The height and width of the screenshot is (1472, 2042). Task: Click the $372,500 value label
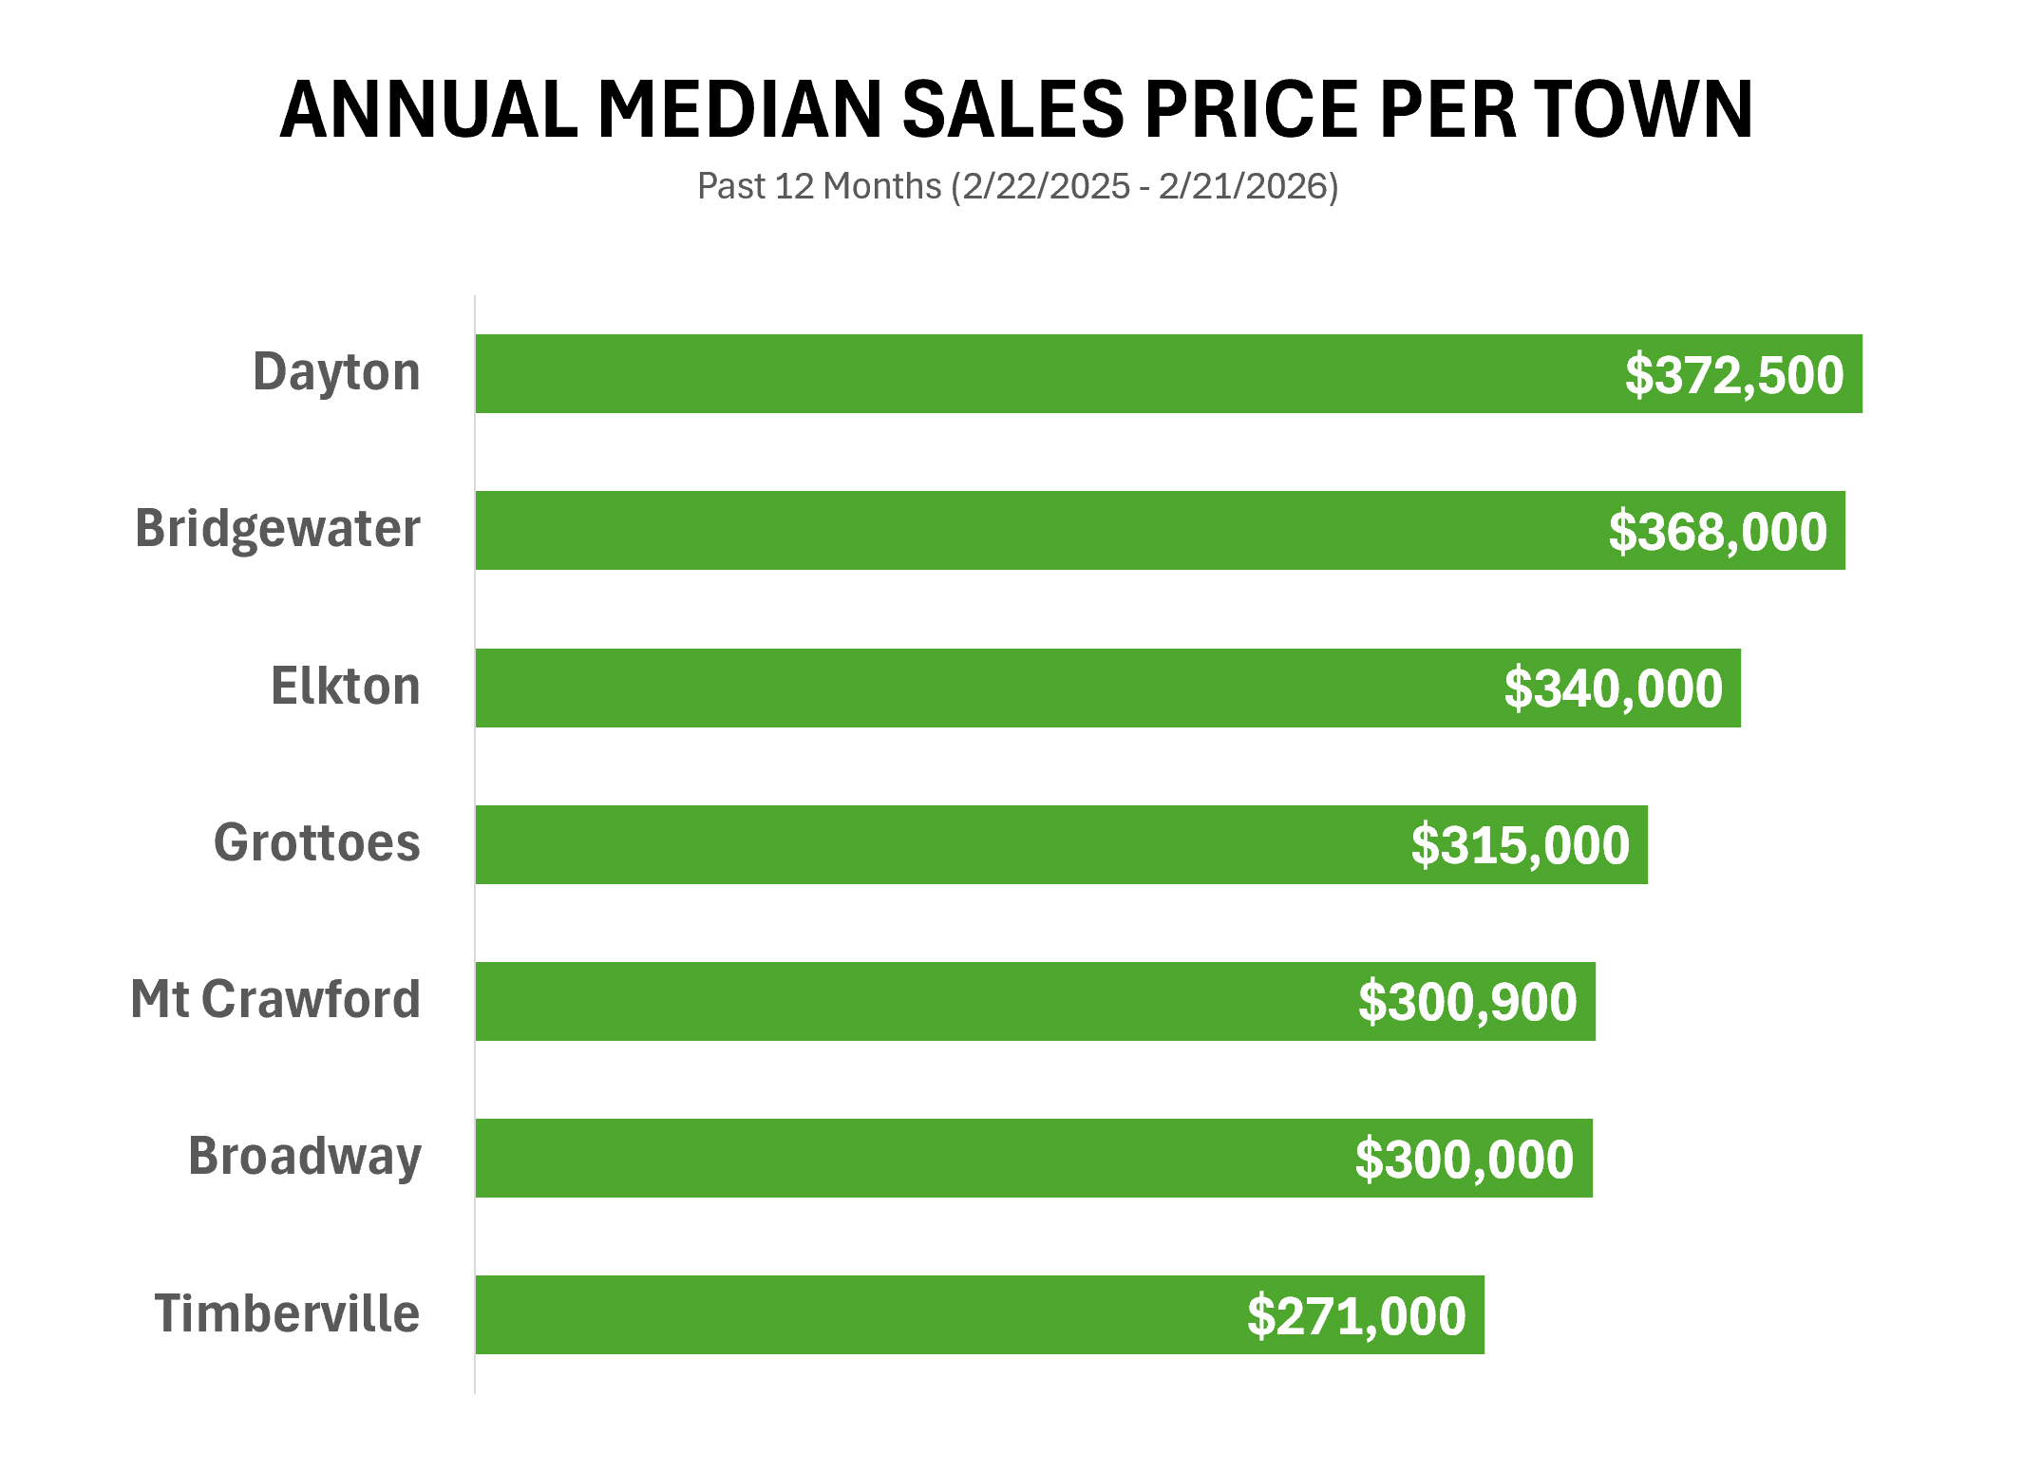tap(1734, 374)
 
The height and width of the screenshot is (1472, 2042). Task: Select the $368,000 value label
tap(1717, 531)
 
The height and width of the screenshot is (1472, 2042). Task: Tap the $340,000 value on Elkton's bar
tap(1613, 689)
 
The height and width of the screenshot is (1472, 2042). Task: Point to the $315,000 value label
tap(1520, 845)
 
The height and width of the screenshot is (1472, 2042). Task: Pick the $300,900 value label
tap(1467, 1002)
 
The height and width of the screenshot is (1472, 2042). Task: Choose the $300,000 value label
tap(1464, 1159)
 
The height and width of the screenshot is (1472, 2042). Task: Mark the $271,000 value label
tap(1356, 1315)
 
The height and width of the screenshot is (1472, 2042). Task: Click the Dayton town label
tap(336, 372)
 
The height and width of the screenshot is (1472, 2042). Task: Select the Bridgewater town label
tap(277, 529)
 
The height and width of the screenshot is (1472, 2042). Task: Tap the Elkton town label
tap(346, 686)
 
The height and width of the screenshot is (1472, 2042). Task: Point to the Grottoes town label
tap(316, 842)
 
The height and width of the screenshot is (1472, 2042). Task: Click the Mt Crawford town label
tap(275, 999)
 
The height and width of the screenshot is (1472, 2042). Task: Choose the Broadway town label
tap(304, 1157)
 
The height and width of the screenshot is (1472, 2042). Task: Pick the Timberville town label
tap(287, 1313)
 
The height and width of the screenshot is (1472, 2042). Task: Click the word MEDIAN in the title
tap(740, 109)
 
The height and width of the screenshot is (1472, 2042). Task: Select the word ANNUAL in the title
tap(429, 109)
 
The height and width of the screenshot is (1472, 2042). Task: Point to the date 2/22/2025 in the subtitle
tap(1046, 186)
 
